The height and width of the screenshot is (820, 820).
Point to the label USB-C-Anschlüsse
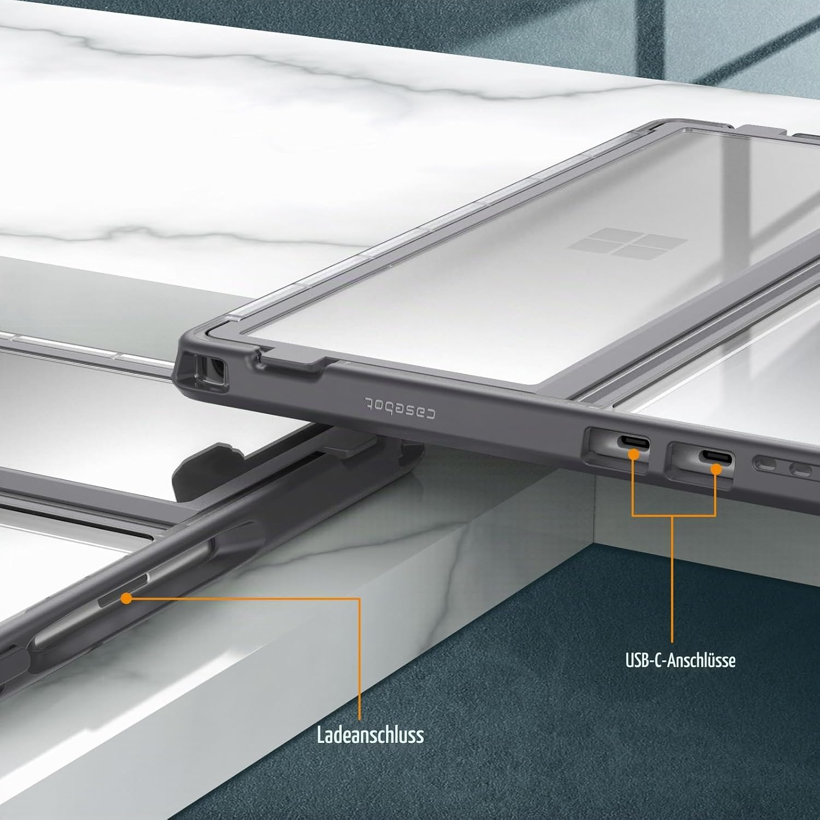coord(680,660)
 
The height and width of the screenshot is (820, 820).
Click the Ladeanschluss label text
coord(370,734)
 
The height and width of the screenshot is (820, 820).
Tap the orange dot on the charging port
coord(126,599)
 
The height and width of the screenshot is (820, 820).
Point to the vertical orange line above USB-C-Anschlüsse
coord(672,579)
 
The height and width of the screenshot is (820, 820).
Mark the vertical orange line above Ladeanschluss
coord(360,659)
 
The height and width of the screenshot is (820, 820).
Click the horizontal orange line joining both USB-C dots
coord(674,515)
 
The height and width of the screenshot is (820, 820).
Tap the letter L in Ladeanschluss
coord(321,734)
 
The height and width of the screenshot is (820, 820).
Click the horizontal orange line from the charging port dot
coord(243,599)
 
